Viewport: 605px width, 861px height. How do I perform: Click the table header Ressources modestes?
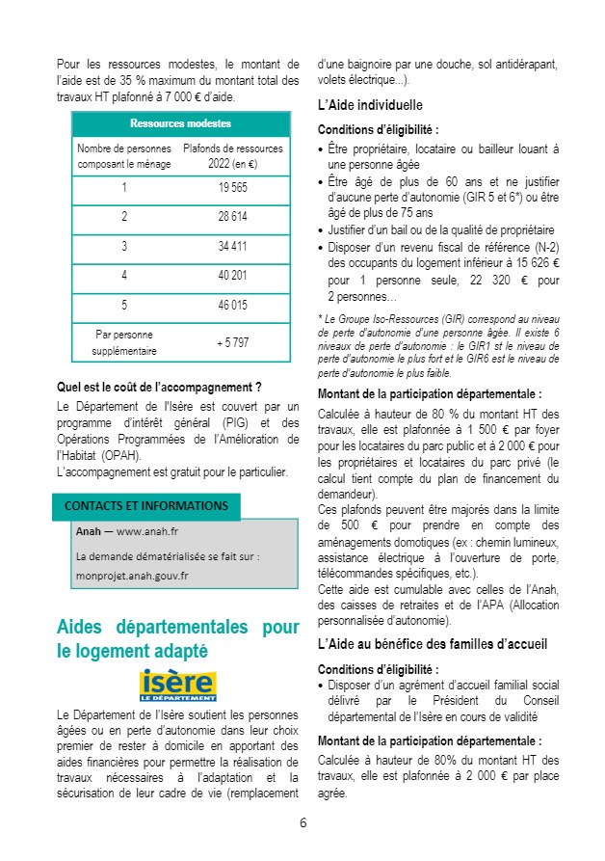180,123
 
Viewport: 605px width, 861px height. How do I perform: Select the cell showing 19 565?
232,187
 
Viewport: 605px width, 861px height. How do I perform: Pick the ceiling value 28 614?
232,216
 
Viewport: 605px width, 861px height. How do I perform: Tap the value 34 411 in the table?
232,246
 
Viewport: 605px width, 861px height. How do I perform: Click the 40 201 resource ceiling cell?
232,275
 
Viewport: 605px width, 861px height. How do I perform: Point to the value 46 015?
232,304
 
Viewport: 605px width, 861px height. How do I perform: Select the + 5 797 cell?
232,342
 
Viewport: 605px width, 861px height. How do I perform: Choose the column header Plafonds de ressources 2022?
232,156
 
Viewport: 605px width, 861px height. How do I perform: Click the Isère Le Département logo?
178,685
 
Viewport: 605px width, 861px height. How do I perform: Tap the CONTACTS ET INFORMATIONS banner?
146,506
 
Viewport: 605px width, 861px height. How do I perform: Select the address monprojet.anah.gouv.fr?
132,576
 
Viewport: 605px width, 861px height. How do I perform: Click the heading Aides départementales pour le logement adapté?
178,639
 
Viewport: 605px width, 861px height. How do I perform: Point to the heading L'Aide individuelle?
370,104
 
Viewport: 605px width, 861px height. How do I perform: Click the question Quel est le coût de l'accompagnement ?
159,388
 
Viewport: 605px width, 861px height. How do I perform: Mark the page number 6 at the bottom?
302,822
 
